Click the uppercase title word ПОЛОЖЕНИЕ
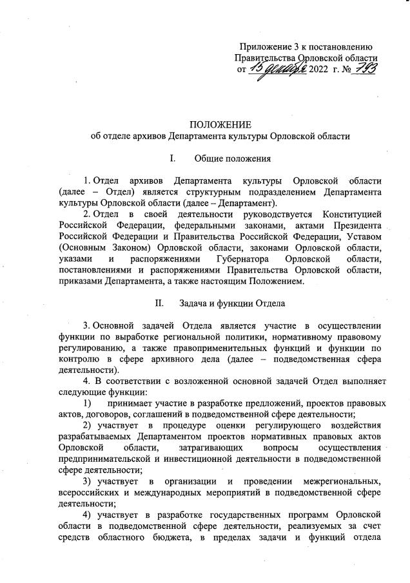click(220, 124)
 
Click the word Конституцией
click(349, 214)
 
